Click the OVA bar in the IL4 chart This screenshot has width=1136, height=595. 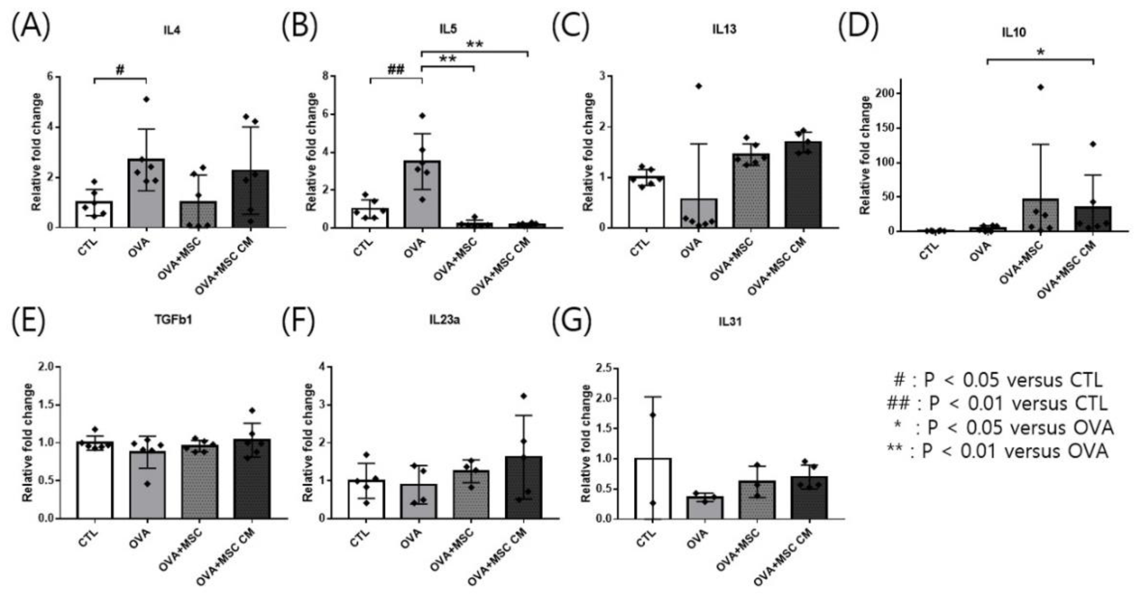146,194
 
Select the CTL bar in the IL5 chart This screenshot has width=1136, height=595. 370,218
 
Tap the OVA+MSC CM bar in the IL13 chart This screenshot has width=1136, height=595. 803,185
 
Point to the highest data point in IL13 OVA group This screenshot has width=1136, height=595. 698,86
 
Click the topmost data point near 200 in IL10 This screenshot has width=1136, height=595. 1040,87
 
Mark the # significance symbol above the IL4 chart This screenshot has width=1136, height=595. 120,70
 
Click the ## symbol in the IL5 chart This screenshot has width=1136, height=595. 395,70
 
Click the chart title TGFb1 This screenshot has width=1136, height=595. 173,319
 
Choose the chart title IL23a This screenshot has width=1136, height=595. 445,319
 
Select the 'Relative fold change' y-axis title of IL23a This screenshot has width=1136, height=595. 308,442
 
